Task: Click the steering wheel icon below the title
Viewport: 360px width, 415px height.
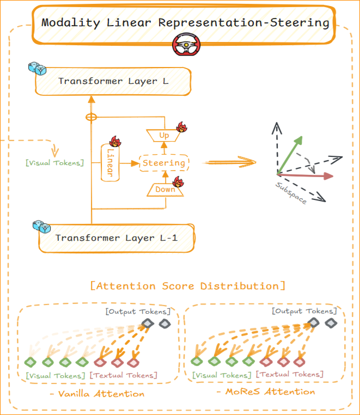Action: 185,46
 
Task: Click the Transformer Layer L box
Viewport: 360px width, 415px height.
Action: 113,82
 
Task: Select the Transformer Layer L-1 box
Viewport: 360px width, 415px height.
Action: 117,237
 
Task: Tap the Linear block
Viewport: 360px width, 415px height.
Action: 110,162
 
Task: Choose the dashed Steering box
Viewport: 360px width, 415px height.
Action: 164,162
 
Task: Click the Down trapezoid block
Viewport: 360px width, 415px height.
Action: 166,190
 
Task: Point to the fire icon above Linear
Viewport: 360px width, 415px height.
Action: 115,141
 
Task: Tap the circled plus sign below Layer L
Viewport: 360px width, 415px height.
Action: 91,117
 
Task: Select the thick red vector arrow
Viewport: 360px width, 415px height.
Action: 305,176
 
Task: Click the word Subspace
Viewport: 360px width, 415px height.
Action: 290,192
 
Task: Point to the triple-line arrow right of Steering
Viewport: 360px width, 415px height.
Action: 229,162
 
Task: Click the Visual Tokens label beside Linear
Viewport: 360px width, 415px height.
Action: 54,162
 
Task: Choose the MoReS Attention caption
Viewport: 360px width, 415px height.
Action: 266,392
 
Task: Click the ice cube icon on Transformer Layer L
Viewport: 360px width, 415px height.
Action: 37,69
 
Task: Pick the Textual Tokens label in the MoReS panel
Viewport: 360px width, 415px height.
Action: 290,374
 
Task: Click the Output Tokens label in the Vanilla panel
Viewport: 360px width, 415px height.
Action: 138,312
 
